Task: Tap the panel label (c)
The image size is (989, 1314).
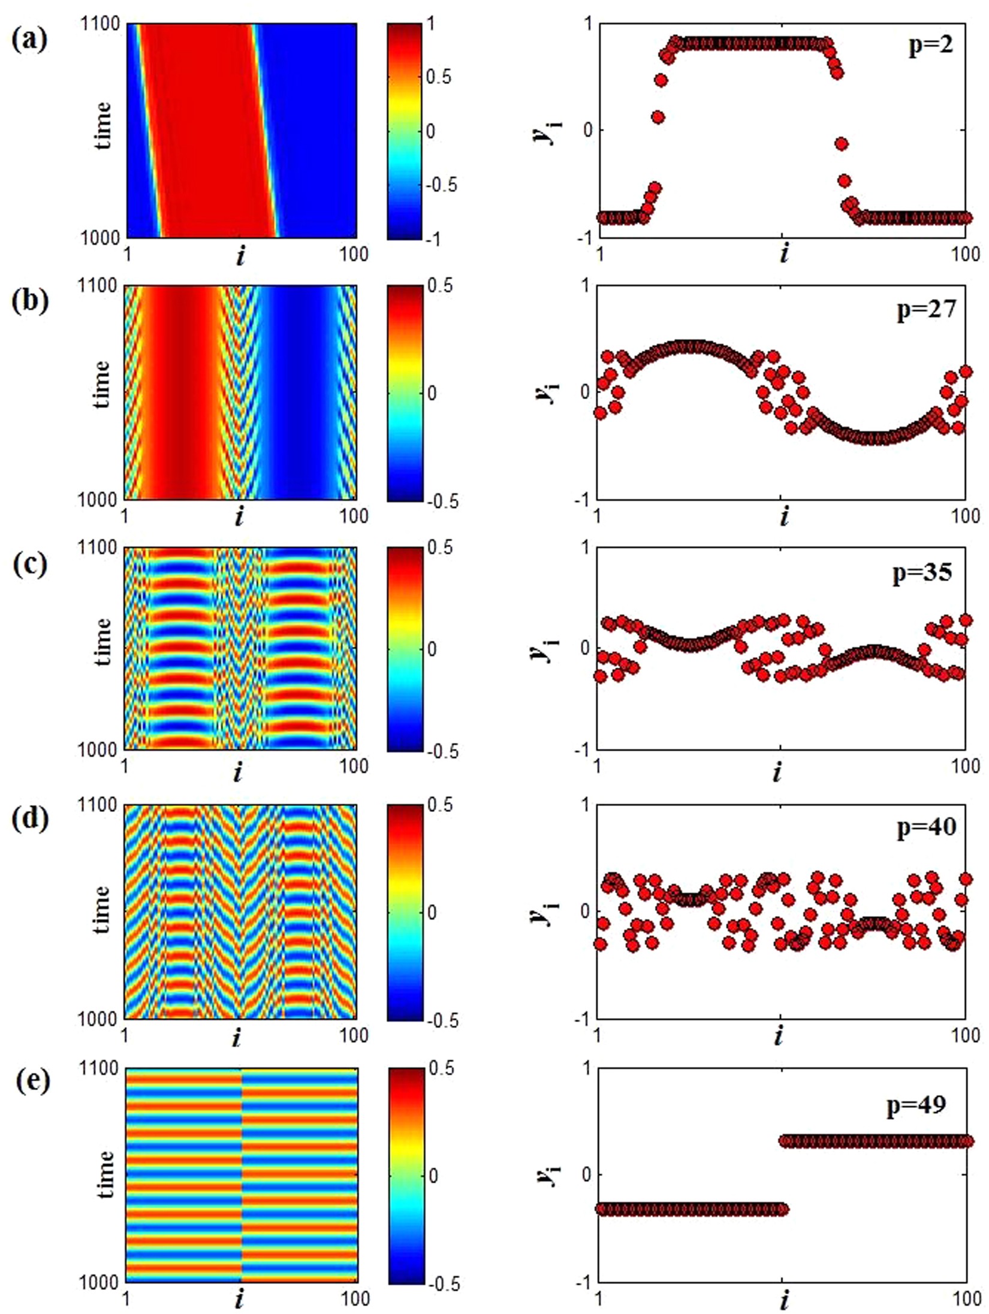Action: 29,563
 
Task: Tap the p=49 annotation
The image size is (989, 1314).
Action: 916,1104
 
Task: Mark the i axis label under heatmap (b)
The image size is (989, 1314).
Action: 239,516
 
